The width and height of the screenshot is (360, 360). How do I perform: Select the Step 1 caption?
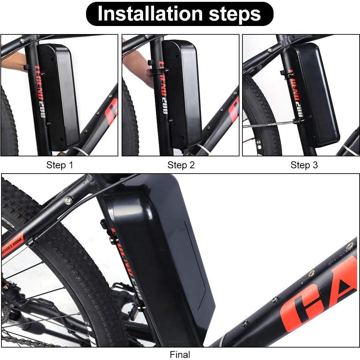[x=60, y=165]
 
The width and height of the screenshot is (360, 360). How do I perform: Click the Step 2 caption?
[x=181, y=165]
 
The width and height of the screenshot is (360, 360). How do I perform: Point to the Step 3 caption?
[x=304, y=165]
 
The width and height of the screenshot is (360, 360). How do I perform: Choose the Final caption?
[x=180, y=355]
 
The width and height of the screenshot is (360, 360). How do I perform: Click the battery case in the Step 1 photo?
[x=60, y=95]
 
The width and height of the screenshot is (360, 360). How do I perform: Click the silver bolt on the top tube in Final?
[x=68, y=200]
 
